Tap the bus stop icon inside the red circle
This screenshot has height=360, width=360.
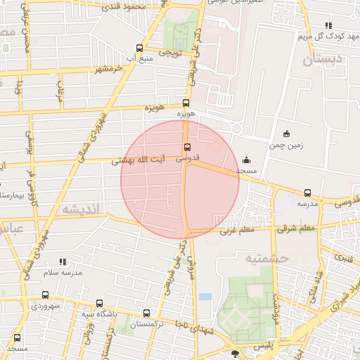pyautogui.click(x=187, y=147)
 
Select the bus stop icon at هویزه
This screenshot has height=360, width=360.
pyautogui.click(x=186, y=103)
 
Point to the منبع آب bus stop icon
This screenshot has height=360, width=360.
pyautogui.click(x=139, y=49)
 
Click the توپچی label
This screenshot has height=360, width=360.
pyautogui.click(x=171, y=52)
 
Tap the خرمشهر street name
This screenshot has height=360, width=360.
pyautogui.click(x=108, y=68)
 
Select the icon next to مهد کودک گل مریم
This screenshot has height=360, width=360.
pyautogui.click(x=328, y=25)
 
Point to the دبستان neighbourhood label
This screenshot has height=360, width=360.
pyautogui.click(x=325, y=60)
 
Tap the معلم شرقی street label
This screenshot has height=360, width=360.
pyautogui.click(x=297, y=228)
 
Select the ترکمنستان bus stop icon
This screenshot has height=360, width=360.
pyautogui.click(x=146, y=313)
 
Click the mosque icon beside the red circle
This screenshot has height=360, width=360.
pyautogui.click(x=245, y=160)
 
